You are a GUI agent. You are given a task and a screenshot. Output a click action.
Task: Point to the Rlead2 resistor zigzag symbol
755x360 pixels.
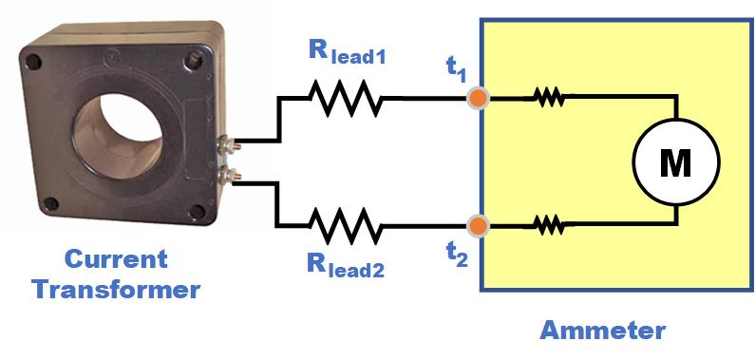coord(345,226)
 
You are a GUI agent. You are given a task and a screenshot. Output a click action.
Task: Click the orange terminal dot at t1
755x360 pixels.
coord(480,98)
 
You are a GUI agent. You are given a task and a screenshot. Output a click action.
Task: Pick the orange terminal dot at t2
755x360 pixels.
coord(480,226)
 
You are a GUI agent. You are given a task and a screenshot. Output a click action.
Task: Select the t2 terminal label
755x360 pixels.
coord(457,256)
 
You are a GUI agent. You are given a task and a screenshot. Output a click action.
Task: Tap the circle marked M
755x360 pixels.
coord(675,163)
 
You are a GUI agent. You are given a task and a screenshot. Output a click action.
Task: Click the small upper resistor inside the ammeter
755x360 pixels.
coord(548,97)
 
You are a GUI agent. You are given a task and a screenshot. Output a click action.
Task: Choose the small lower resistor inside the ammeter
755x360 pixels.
coord(548,226)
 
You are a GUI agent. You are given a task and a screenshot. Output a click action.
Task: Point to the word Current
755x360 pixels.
coord(116,259)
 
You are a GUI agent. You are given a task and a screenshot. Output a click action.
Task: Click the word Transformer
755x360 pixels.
coord(116,289)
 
